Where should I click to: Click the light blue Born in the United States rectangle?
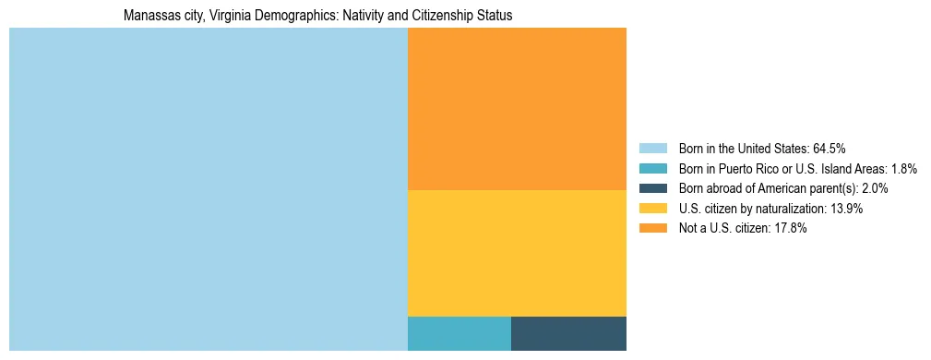click(x=208, y=189)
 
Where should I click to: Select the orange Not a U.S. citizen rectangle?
click(x=517, y=108)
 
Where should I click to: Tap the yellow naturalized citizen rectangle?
click(x=517, y=252)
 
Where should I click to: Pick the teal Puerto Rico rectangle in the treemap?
click(x=459, y=333)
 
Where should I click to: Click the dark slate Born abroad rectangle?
click(x=568, y=333)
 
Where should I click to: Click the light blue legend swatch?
click(x=652, y=149)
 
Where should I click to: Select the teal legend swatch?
click(x=652, y=169)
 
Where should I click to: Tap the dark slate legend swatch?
click(x=652, y=188)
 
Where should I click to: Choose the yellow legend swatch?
click(x=652, y=209)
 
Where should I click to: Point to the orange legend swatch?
click(x=652, y=228)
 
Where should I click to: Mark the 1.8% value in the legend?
click(x=904, y=169)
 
